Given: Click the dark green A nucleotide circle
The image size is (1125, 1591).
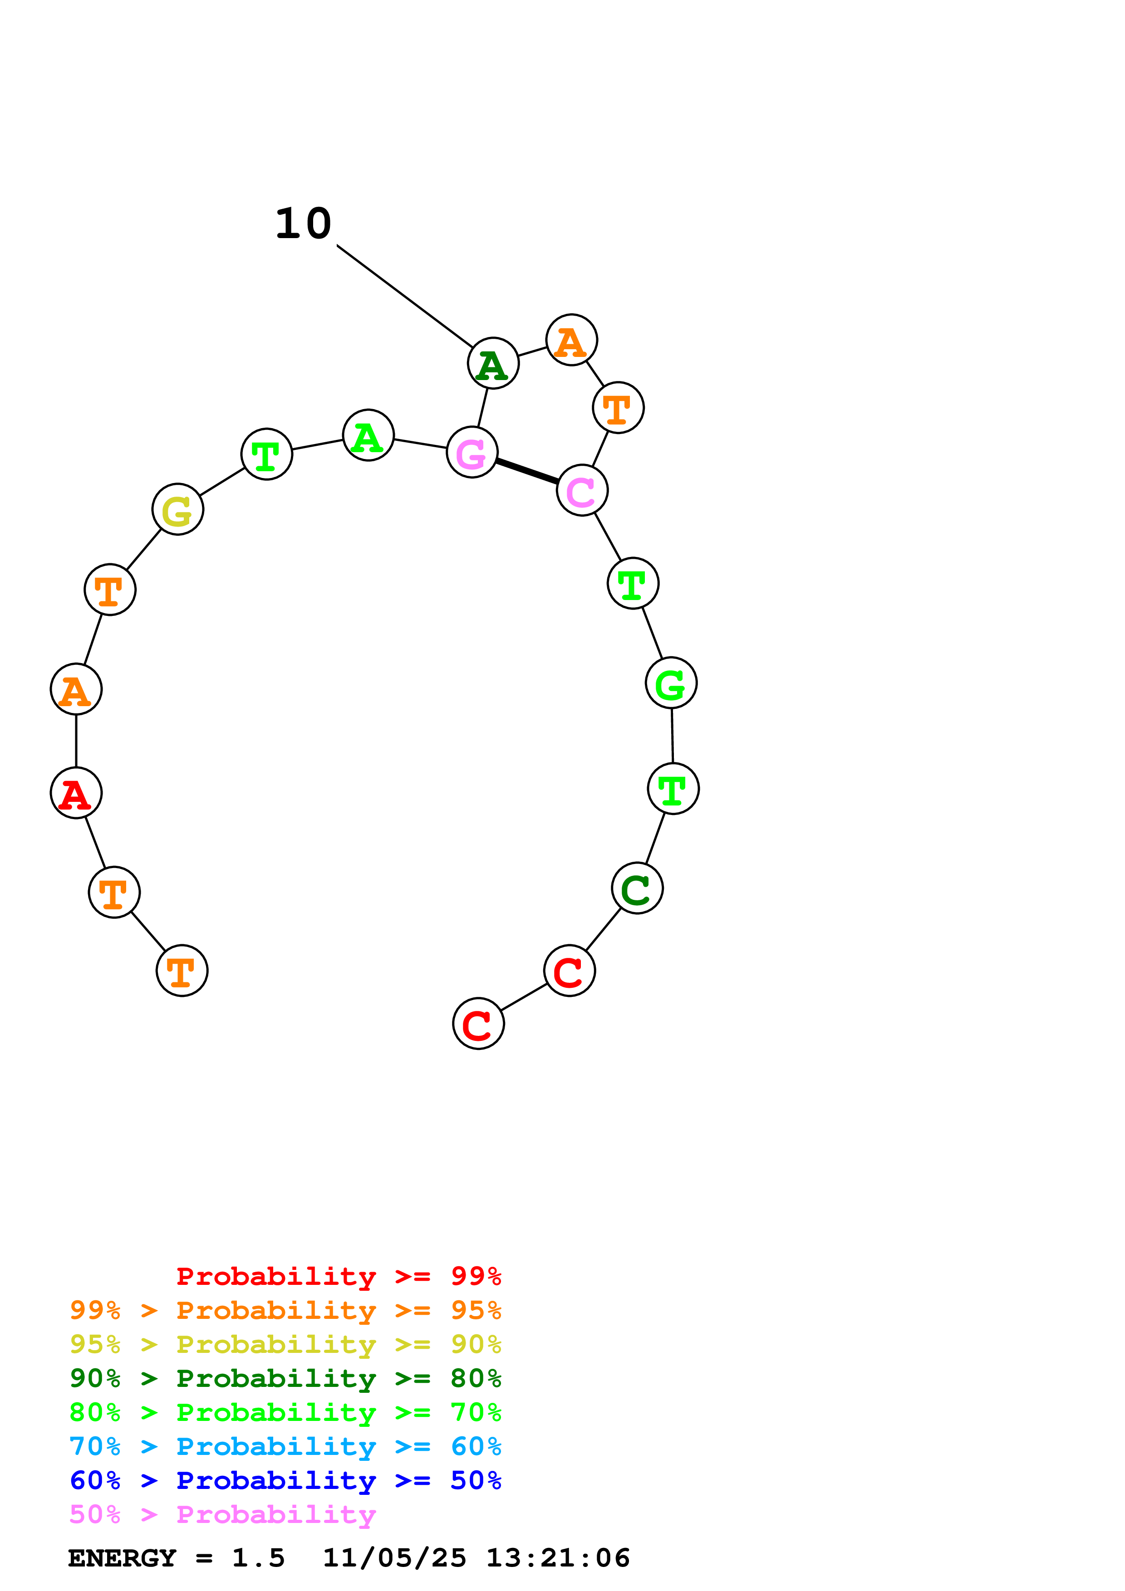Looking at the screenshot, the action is pyautogui.click(x=493, y=363).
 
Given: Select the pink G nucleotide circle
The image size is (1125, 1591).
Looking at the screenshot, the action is pyautogui.click(x=472, y=453).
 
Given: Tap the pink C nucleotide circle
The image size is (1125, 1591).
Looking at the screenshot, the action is pyautogui.click(x=582, y=490).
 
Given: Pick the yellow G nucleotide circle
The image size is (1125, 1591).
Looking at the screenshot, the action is pyautogui.click(x=177, y=509).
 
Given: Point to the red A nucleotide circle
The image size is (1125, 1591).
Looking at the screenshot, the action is pyautogui.click(x=76, y=793).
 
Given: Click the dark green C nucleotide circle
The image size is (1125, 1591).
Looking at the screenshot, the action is pyautogui.click(x=637, y=888).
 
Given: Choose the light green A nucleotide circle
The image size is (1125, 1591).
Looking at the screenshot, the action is pyautogui.click(x=368, y=435).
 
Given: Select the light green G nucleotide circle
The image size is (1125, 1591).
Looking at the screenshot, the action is pyautogui.click(x=671, y=683).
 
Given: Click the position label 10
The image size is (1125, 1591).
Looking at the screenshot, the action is pyautogui.click(x=304, y=224).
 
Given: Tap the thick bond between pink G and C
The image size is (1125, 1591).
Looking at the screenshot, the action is pyautogui.click(x=527, y=471).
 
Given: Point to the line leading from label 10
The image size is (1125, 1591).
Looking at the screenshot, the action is pyautogui.click(x=405, y=296).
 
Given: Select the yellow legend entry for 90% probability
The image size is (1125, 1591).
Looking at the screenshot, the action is pyautogui.click(x=285, y=1344).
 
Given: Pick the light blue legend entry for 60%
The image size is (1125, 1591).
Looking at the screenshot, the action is pyautogui.click(x=285, y=1446).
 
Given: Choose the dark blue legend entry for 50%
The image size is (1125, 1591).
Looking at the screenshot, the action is pyautogui.click(x=285, y=1480).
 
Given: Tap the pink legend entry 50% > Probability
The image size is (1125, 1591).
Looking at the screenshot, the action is pyautogui.click(x=222, y=1514).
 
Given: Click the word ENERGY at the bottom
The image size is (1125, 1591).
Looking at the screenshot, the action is pyautogui.click(x=122, y=1558).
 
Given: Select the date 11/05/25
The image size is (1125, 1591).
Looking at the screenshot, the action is pyautogui.click(x=394, y=1558).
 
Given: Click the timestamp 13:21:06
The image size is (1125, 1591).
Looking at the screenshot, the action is pyautogui.click(x=558, y=1558).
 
